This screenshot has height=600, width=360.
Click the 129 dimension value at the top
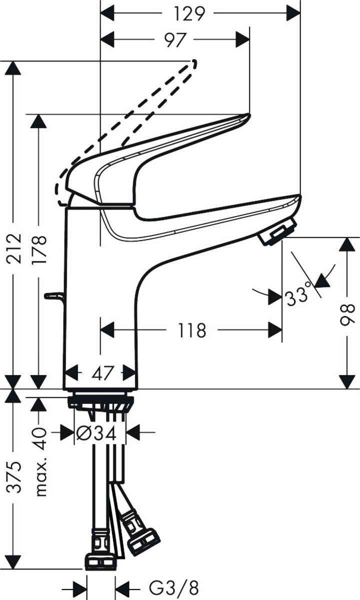[190, 13]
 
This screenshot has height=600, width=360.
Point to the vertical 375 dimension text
[15, 477]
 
